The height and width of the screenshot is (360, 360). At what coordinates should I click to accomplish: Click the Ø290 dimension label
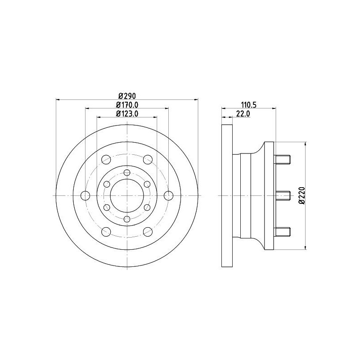(x=127, y=96)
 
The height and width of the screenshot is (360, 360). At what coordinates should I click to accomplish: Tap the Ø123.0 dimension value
(x=127, y=114)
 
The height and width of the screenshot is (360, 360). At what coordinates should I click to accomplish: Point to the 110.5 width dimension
(x=248, y=105)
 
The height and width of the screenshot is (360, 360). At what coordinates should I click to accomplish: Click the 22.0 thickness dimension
(x=243, y=114)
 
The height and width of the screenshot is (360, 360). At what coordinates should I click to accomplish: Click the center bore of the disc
(x=127, y=195)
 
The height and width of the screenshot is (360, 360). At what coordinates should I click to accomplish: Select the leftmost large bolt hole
(x=85, y=195)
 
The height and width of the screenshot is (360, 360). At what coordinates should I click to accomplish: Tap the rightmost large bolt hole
(x=169, y=195)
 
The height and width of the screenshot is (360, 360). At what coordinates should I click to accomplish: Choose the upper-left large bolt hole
(x=106, y=159)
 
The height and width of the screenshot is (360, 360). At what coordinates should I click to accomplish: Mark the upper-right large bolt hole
(x=148, y=159)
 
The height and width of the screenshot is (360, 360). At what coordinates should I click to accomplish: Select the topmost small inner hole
(x=127, y=172)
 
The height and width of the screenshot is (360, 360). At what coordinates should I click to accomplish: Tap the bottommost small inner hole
(x=127, y=219)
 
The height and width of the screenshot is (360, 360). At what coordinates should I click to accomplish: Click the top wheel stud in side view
(x=282, y=159)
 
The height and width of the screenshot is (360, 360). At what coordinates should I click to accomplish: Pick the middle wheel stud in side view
(x=282, y=195)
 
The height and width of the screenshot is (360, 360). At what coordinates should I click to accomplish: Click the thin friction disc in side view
(x=227, y=195)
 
